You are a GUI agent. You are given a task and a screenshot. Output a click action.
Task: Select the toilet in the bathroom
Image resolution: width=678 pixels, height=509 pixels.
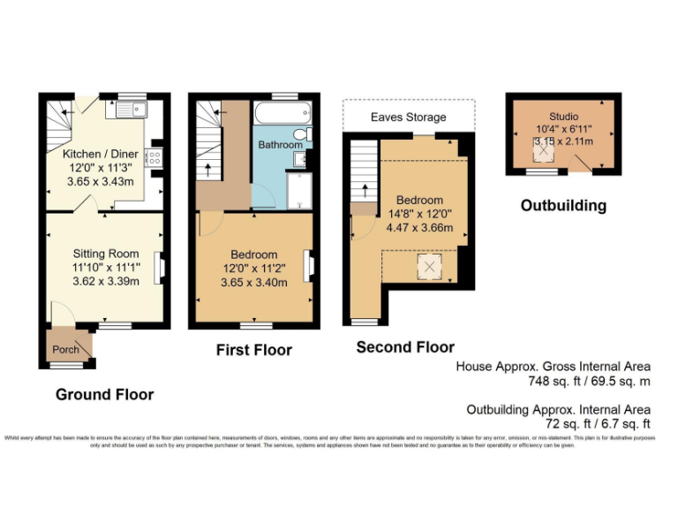click(302, 134)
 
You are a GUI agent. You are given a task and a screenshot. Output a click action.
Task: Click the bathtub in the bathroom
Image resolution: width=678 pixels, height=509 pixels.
click(281, 113)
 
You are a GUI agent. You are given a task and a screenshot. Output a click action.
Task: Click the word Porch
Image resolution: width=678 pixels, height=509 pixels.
click(65, 349)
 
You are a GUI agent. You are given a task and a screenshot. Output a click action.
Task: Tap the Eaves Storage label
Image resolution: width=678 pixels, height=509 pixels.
click(408, 117)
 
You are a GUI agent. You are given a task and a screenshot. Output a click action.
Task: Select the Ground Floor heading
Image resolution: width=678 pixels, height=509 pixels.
click(104, 394)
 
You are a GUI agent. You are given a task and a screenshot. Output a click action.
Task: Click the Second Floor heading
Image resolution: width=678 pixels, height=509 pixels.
click(405, 347)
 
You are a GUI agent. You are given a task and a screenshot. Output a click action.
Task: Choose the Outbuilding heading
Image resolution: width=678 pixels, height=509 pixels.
click(563, 206)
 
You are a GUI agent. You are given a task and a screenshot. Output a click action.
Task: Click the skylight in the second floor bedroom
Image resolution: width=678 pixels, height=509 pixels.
click(429, 266)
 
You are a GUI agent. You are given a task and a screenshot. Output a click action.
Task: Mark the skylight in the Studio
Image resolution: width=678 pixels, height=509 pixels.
click(545, 152)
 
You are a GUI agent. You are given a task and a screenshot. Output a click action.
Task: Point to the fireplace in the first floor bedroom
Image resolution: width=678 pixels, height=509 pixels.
click(308, 266)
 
